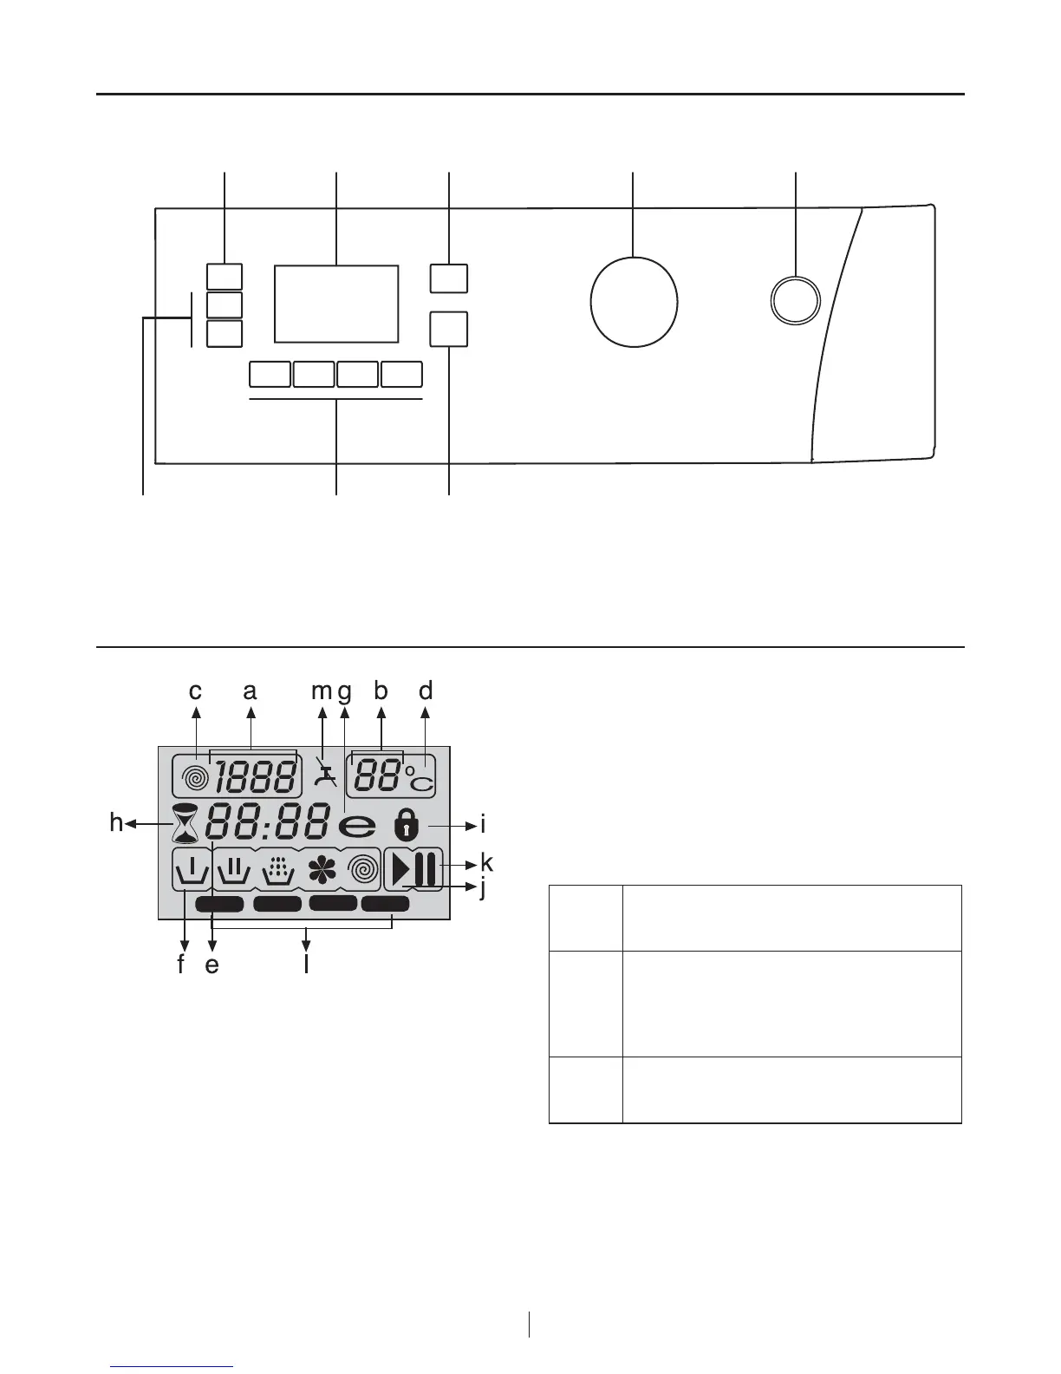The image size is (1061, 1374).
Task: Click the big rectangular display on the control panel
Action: click(336, 304)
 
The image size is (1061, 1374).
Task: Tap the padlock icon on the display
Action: click(405, 823)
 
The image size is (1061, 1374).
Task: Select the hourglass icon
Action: click(185, 824)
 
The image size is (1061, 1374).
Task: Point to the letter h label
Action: click(116, 822)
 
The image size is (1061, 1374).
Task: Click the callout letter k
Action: click(487, 863)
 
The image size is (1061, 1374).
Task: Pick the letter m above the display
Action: click(322, 691)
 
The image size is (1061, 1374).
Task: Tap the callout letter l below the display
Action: click(307, 964)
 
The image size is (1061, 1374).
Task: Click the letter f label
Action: click(181, 964)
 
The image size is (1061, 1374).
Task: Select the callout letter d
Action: click(425, 691)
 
